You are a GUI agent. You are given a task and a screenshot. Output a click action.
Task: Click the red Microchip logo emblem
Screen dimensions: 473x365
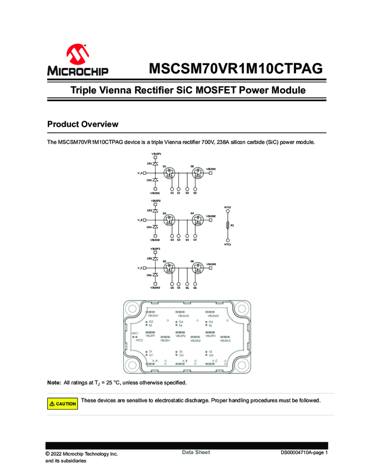[x=77, y=55]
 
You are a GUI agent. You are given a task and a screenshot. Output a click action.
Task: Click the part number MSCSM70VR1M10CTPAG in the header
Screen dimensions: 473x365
[x=236, y=68]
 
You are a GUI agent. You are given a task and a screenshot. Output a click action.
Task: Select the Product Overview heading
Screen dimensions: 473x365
[x=82, y=124]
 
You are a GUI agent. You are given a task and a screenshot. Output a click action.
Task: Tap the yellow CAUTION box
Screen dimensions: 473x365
[x=62, y=403]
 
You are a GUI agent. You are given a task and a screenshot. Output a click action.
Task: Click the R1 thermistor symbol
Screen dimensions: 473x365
[x=227, y=225]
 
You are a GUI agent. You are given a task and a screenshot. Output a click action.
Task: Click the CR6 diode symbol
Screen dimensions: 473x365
[x=155, y=275]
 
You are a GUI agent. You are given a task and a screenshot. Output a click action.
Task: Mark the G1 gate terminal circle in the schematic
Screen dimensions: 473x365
[x=172, y=189]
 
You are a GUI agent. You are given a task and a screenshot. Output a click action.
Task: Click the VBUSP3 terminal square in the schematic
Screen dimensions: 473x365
[x=155, y=252]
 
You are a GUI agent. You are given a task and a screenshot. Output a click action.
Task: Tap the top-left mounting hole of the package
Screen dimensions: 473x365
[x=133, y=309]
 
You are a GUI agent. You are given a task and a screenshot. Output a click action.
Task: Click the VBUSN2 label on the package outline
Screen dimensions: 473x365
[x=194, y=341]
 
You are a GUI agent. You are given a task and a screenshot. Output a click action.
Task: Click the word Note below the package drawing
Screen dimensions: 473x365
[x=54, y=383]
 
